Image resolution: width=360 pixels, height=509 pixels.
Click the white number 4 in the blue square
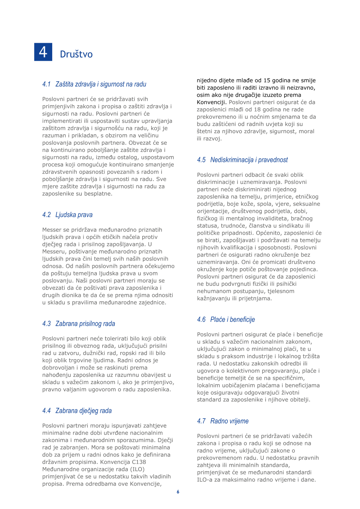click(43, 52)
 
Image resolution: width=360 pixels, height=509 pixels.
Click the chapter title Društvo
click(76, 54)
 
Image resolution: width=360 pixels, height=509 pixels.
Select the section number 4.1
click(46, 84)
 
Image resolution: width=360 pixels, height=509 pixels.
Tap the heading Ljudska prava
click(74, 215)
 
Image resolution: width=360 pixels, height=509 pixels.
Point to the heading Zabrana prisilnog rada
click(85, 324)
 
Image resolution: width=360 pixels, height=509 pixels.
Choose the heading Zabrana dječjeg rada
click(84, 411)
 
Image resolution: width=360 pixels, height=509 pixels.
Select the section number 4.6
click(201, 320)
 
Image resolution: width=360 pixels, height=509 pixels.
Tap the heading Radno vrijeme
click(229, 421)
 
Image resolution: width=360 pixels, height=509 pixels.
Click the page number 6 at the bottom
click(178, 492)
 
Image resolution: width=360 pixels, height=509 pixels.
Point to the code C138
click(139, 462)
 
